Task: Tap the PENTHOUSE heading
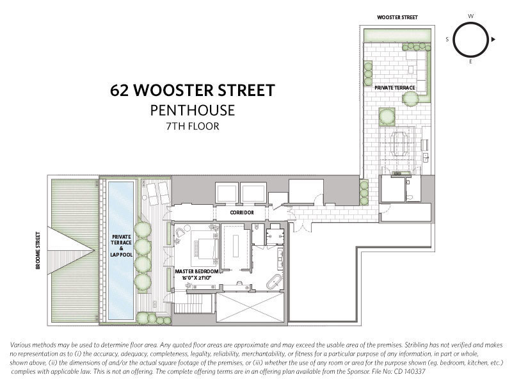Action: click(x=193, y=110)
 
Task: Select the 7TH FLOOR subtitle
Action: click(x=193, y=126)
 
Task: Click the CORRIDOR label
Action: click(x=242, y=212)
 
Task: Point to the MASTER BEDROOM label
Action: click(x=196, y=271)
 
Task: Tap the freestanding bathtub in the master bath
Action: click(x=274, y=282)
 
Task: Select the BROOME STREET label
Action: click(x=38, y=250)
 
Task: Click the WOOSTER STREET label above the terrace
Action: click(x=397, y=17)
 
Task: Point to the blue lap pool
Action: click(x=121, y=250)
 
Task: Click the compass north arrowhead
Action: click(x=493, y=39)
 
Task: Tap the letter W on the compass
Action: click(x=470, y=16)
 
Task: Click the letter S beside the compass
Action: click(x=447, y=39)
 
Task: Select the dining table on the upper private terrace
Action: click(x=399, y=143)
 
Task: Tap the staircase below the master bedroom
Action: click(x=194, y=303)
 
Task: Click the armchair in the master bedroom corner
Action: click(x=180, y=232)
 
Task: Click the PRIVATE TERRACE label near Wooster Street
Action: click(x=394, y=88)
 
